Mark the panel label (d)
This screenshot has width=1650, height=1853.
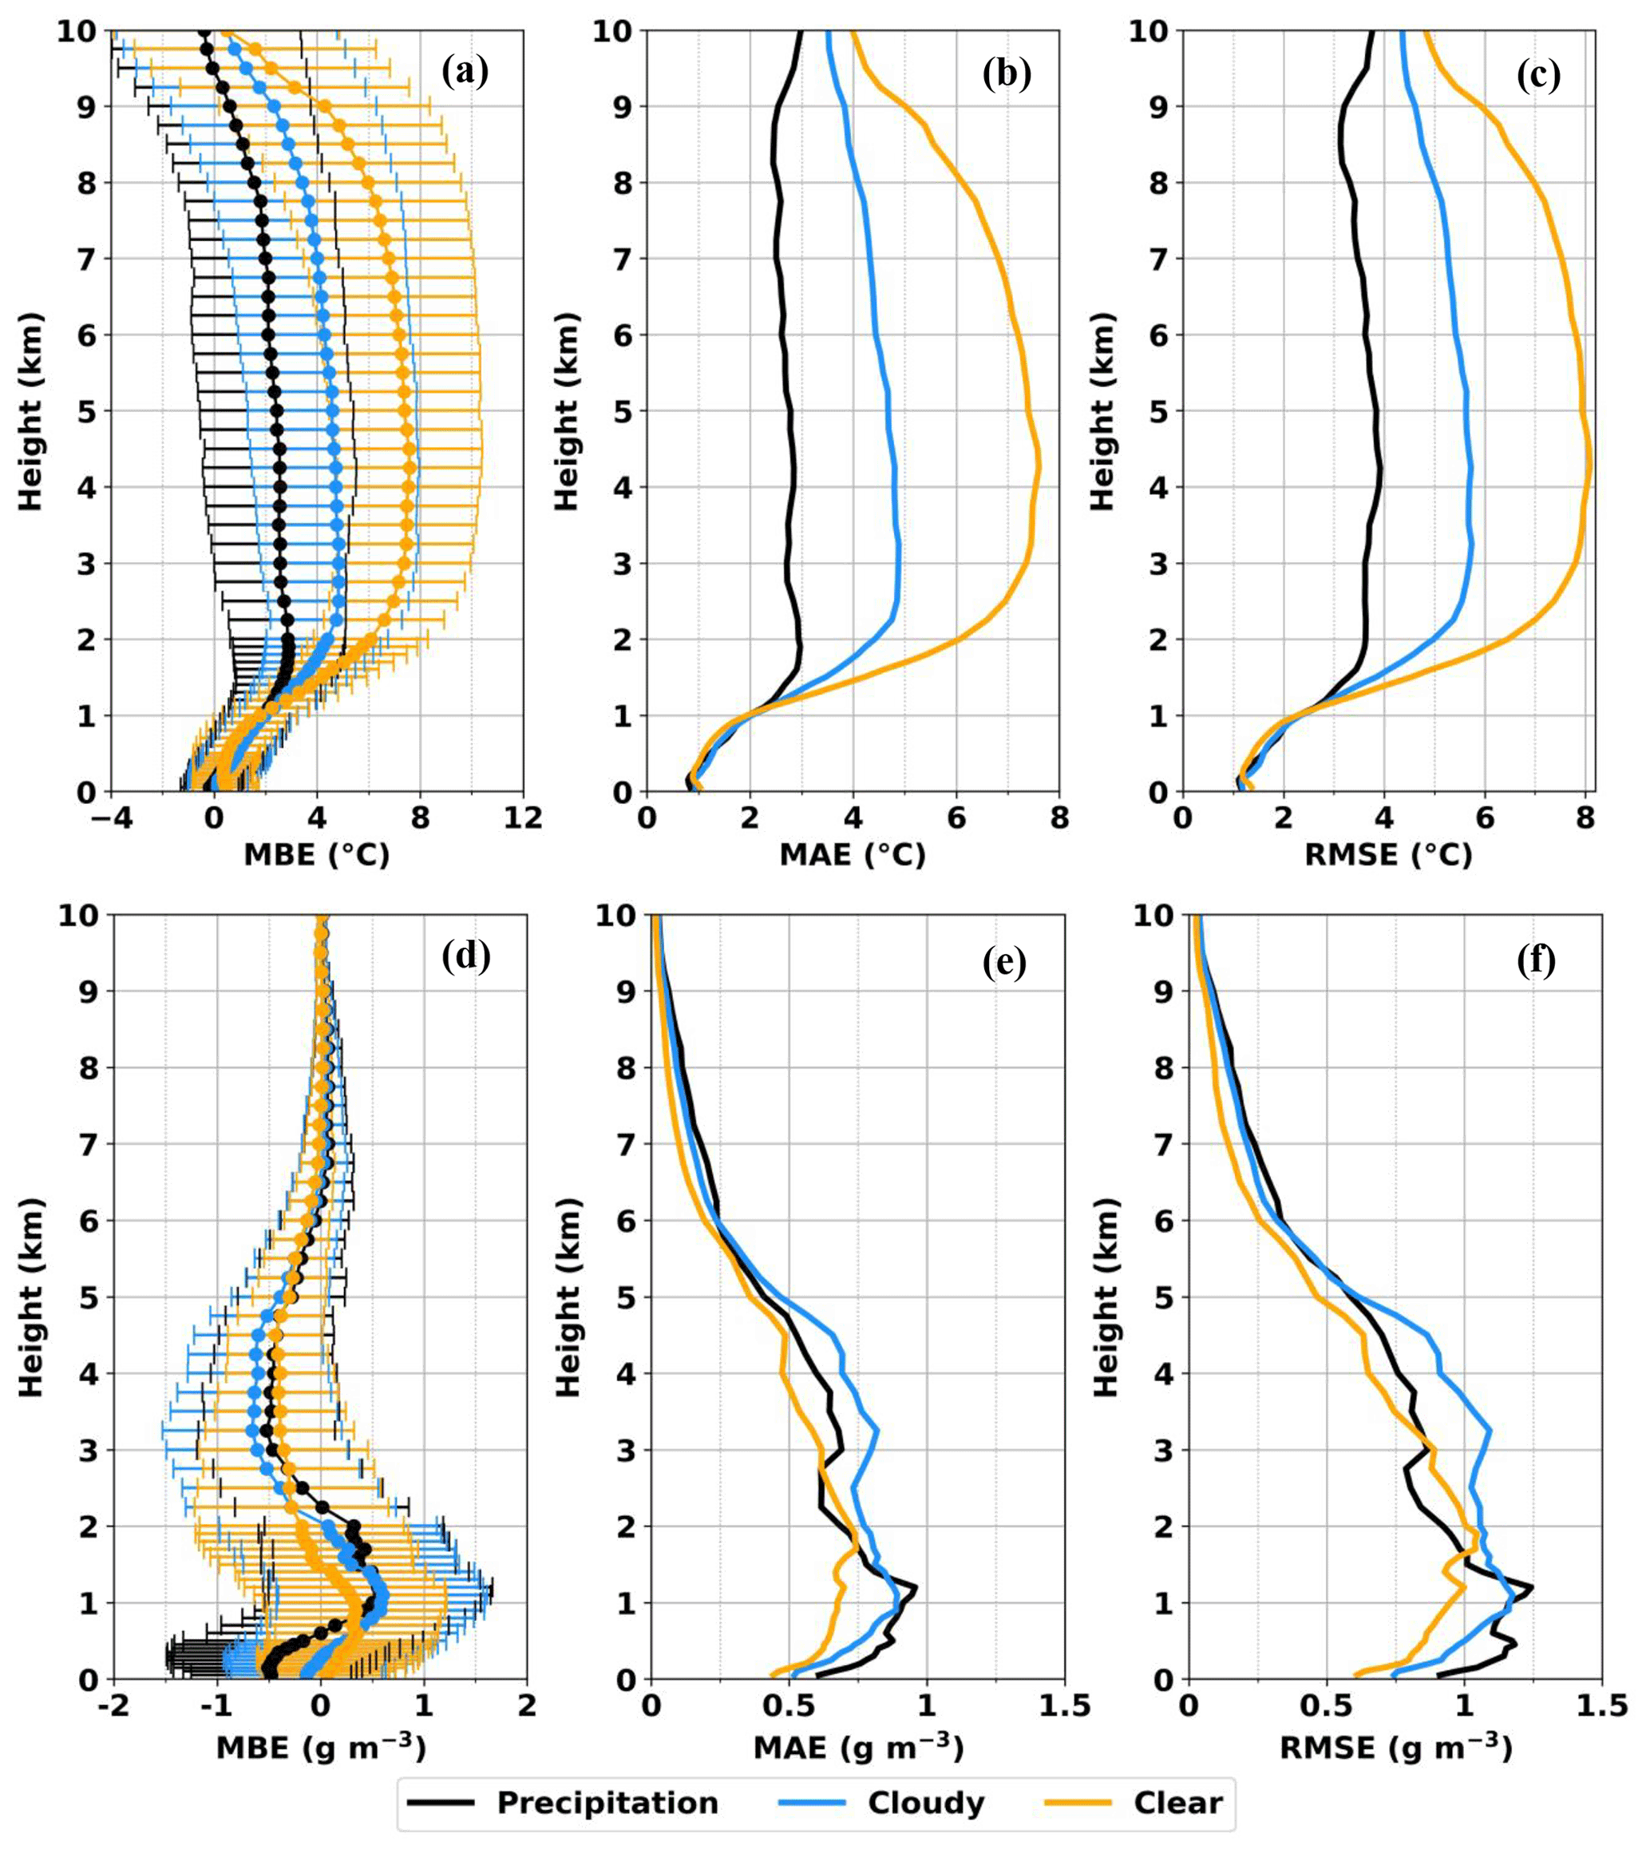click(465, 956)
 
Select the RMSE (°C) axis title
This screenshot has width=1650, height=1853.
click(1388, 854)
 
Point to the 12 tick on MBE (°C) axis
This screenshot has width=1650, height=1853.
click(523, 818)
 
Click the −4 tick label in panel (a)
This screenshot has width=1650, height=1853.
click(111, 818)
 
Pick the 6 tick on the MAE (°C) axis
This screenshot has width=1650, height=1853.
click(956, 818)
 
